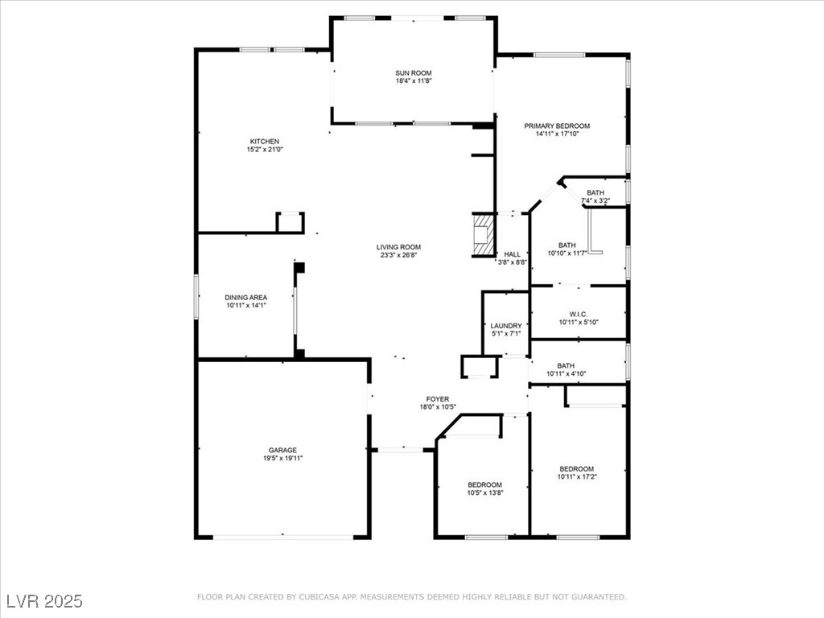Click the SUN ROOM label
[414, 73]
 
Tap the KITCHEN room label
[264, 142]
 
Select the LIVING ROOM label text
[398, 247]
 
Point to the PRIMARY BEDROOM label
[557, 126]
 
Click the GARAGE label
[282, 451]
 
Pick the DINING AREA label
[246, 298]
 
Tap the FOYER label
[437, 399]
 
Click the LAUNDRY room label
[506, 326]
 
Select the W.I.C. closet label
[579, 315]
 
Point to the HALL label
[512, 254]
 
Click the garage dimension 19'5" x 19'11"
[282, 458]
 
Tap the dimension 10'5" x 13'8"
[485, 493]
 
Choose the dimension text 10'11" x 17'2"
[577, 477]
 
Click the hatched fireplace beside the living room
[482, 235]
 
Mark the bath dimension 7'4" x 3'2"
[595, 200]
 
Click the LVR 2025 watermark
[45, 601]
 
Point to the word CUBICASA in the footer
[317, 597]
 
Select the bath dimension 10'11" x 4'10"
[566, 374]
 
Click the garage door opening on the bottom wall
[282, 537]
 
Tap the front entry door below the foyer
[401, 450]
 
